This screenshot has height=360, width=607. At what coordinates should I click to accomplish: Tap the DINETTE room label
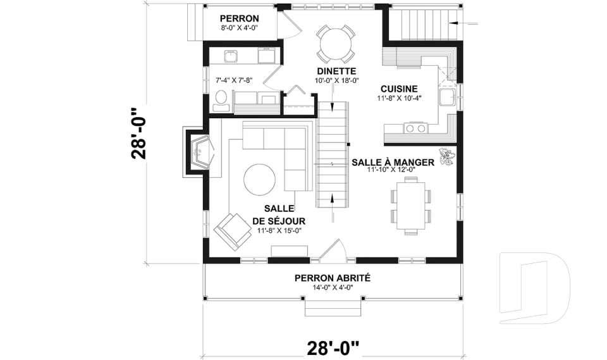[336, 71]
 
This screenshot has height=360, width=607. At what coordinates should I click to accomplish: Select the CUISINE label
[398, 89]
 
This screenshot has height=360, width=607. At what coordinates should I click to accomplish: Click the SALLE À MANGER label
[392, 162]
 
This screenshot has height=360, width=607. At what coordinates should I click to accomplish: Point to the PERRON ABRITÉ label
[332, 278]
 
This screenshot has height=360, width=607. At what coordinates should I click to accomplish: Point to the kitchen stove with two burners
[415, 128]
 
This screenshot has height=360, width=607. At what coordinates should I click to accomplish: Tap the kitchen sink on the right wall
[448, 97]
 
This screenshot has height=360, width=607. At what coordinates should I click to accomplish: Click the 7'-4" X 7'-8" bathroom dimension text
[235, 80]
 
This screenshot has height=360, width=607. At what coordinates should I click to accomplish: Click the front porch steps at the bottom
[333, 308]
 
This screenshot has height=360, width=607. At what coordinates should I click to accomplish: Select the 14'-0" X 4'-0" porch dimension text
[332, 288]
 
